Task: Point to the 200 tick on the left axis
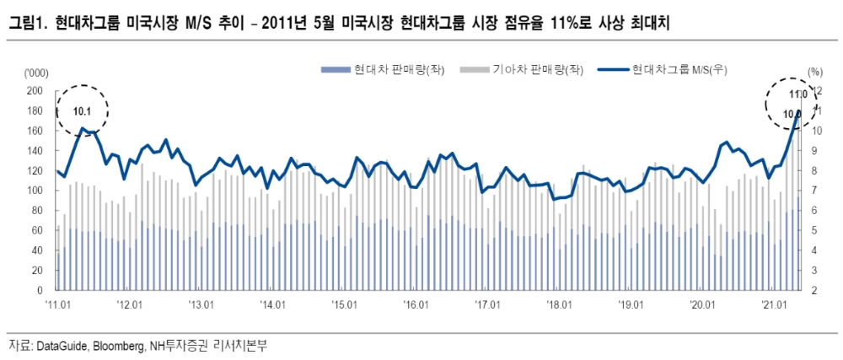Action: pos(35,90)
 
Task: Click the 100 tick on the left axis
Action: pos(35,191)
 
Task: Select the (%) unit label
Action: pos(813,73)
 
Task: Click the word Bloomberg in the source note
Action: pos(116,347)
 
